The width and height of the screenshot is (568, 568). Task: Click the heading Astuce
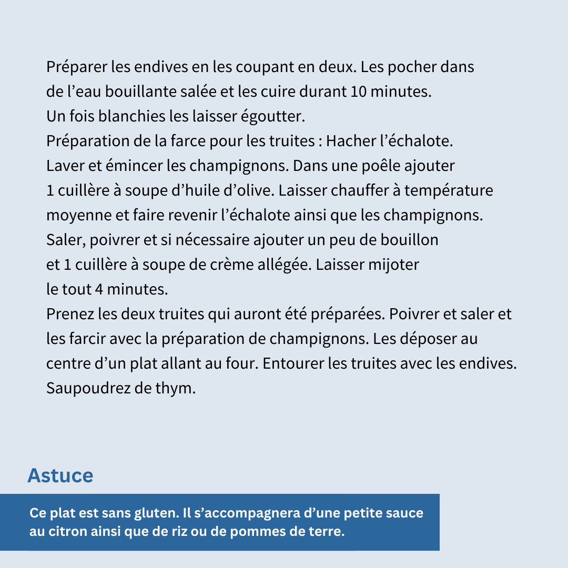coord(60,475)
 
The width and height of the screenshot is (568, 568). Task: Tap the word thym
coord(176,389)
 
